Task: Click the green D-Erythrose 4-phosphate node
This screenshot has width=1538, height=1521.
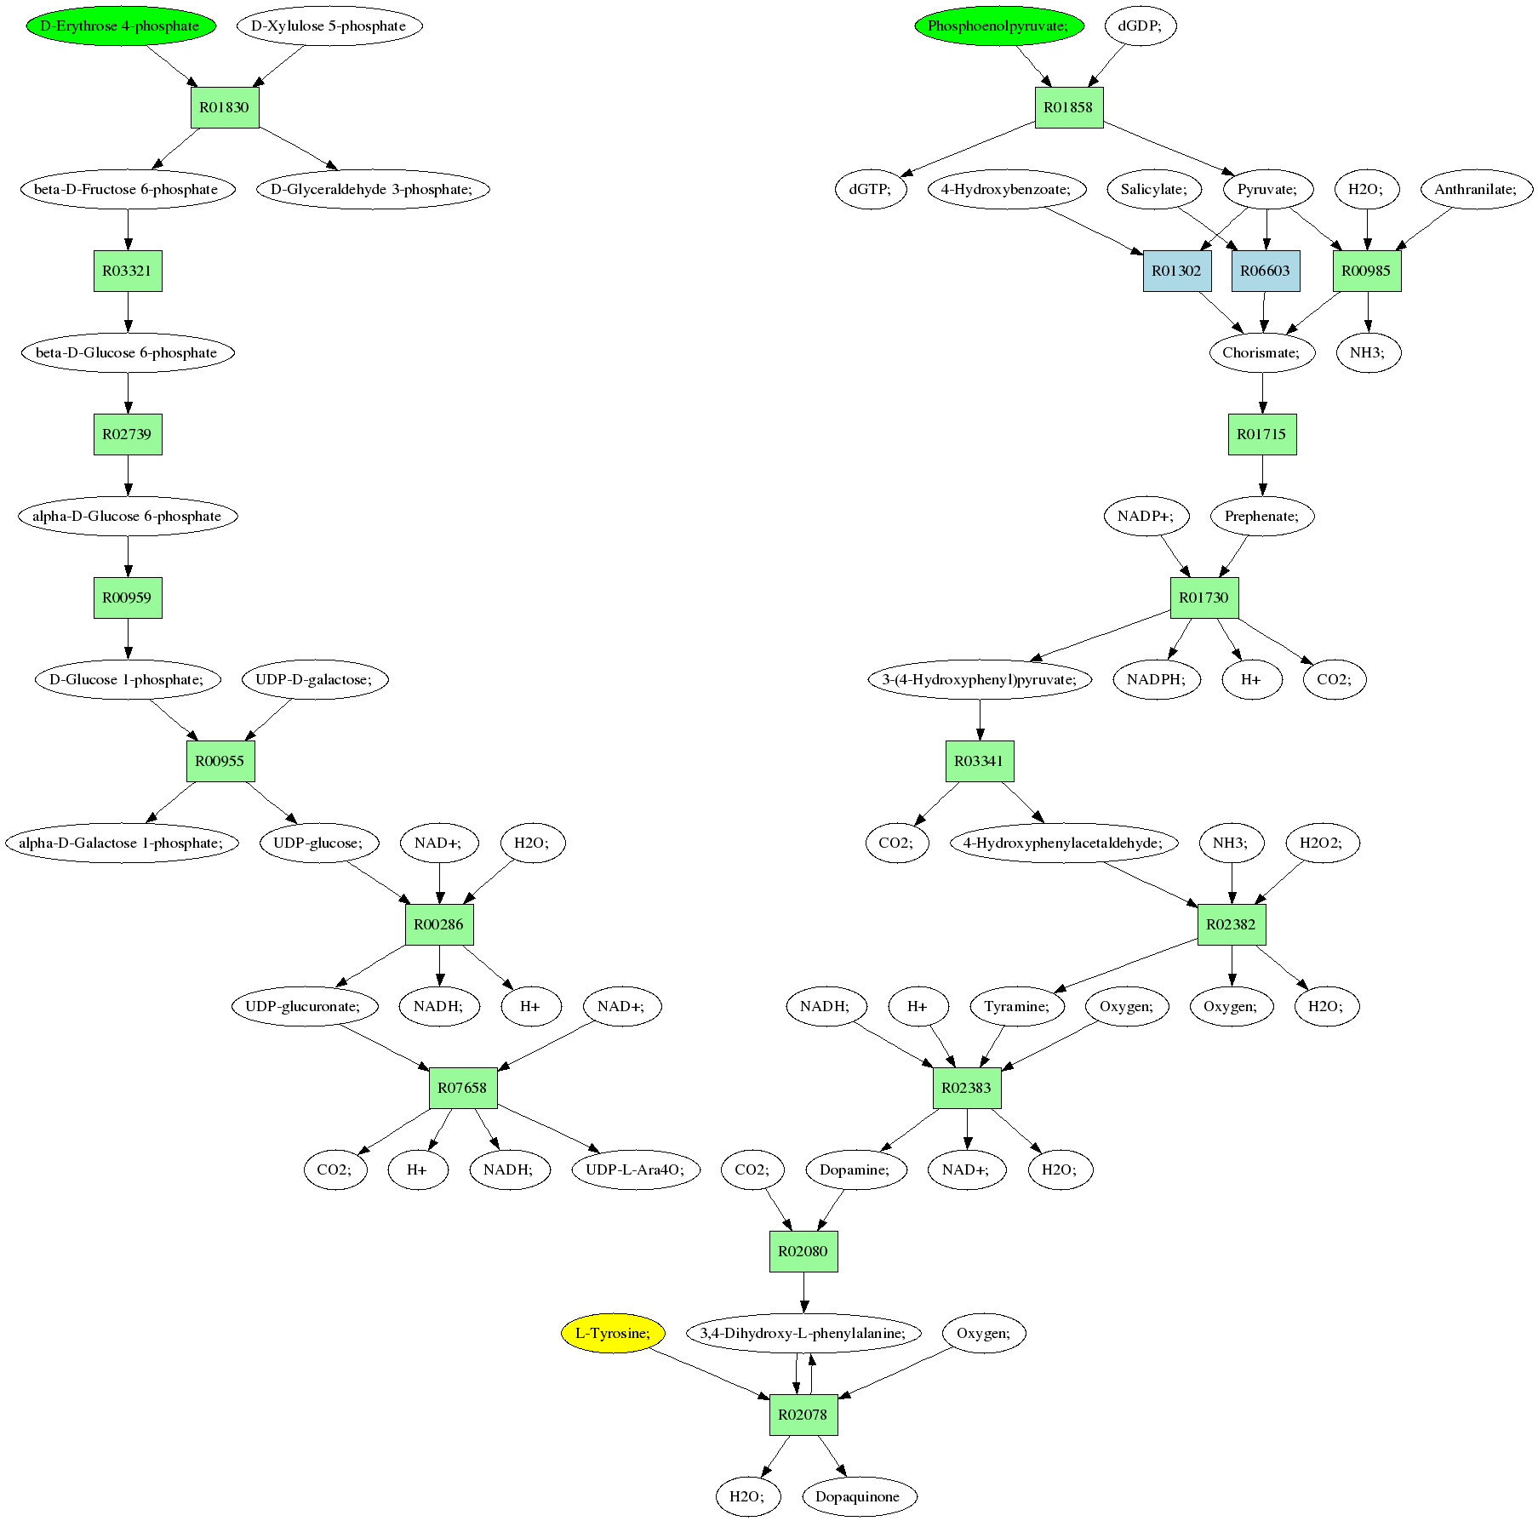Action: pos(121,26)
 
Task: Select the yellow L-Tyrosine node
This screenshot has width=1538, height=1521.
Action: pos(613,1333)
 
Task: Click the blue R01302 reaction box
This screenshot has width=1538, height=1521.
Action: pos(1176,271)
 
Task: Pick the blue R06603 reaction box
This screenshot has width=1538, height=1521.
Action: pos(1266,271)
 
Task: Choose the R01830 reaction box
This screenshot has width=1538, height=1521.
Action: pos(225,107)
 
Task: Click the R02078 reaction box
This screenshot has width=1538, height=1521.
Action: pos(803,1415)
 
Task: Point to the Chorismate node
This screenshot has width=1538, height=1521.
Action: pos(1262,352)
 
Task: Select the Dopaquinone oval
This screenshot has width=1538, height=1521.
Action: pos(858,1496)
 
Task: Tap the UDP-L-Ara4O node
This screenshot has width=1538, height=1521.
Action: pos(636,1169)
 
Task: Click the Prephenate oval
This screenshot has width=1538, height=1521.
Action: pos(1262,516)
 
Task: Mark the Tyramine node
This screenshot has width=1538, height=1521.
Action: pos(1017,1006)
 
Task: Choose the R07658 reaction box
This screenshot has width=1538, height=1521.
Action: pos(463,1088)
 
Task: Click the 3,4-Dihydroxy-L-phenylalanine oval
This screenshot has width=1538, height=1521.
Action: pos(803,1333)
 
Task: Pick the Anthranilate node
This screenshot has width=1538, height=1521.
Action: pos(1477,189)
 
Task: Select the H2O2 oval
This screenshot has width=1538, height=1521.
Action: pos(1322,843)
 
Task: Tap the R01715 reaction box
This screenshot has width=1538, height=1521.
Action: pos(1262,434)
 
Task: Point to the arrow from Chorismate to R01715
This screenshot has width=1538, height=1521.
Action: pos(1262,393)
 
